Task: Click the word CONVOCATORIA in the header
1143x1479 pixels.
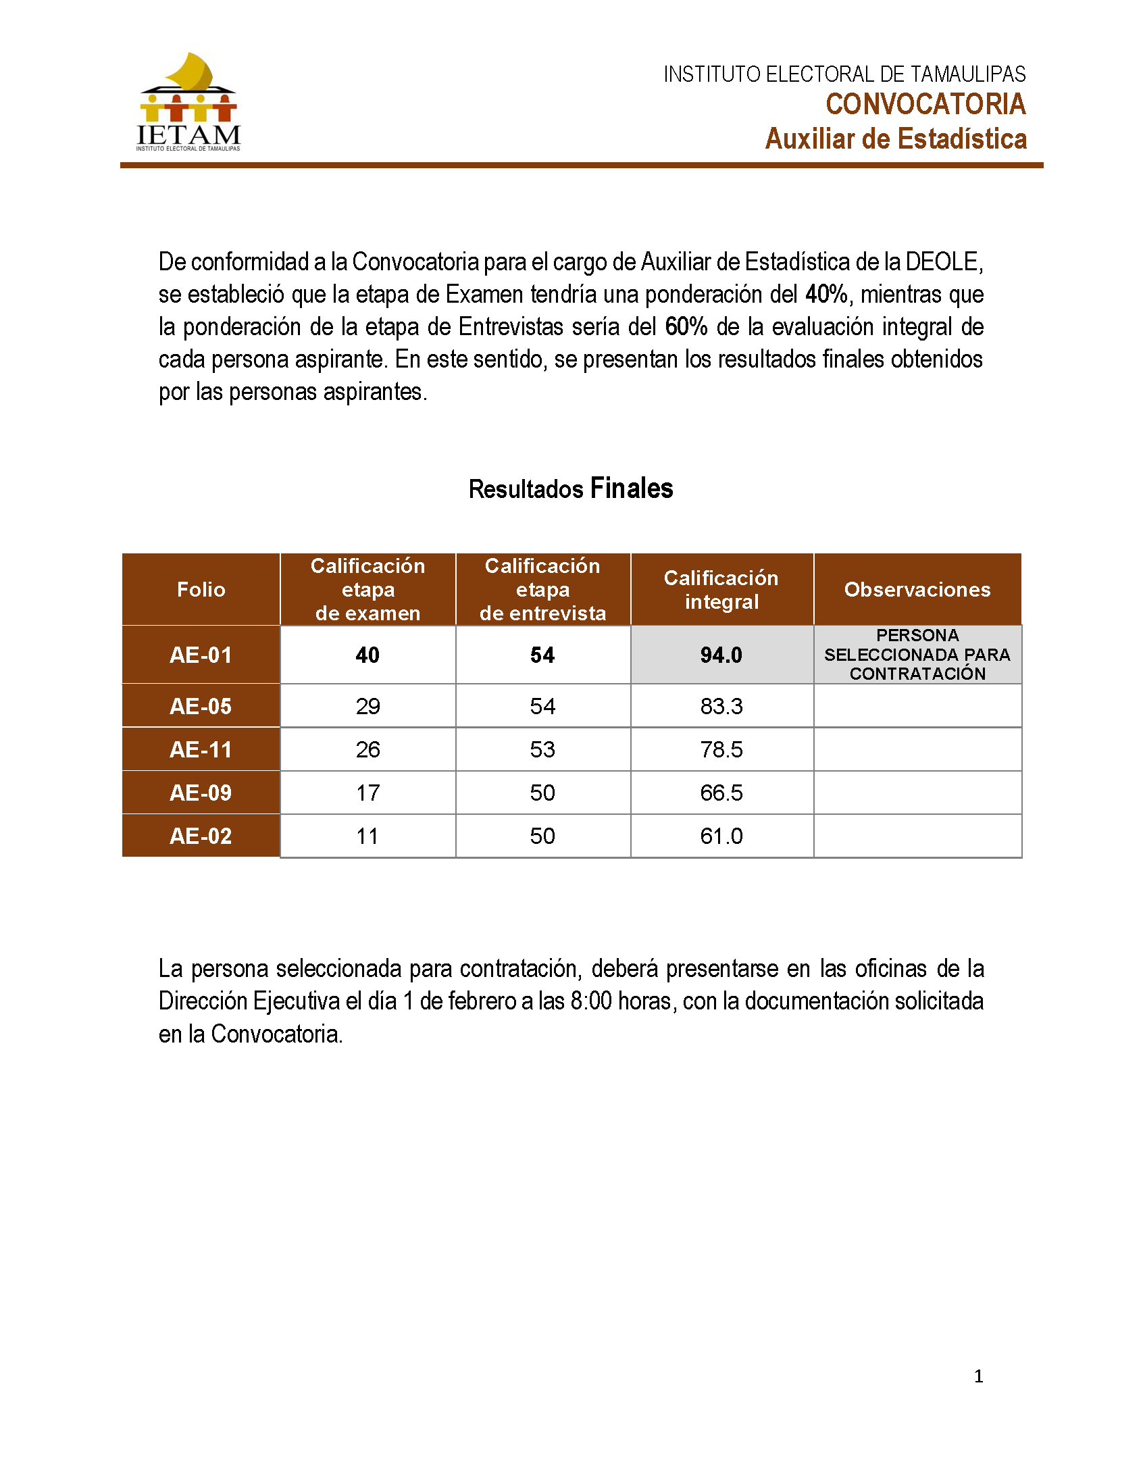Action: (925, 104)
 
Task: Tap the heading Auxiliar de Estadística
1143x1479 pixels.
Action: (895, 139)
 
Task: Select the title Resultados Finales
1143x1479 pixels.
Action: (570, 488)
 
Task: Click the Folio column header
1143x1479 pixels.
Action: (201, 589)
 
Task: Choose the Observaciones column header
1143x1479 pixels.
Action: (917, 589)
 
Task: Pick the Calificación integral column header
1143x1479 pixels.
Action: (721, 589)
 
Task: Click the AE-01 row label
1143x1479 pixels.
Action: (201, 655)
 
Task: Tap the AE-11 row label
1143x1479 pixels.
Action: (201, 750)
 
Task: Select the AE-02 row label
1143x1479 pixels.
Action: (201, 836)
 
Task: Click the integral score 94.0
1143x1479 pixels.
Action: (721, 655)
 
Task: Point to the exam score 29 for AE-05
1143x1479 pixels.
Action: (367, 706)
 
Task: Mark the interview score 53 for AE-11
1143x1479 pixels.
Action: (542, 750)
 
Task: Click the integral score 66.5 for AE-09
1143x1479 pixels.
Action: (721, 793)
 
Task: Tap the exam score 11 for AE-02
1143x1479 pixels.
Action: (367, 836)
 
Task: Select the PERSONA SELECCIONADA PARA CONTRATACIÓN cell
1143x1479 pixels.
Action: (917, 654)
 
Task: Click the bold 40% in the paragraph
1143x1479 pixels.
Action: (826, 294)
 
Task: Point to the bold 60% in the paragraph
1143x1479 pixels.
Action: (686, 326)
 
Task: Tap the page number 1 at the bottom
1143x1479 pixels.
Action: (978, 1376)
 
